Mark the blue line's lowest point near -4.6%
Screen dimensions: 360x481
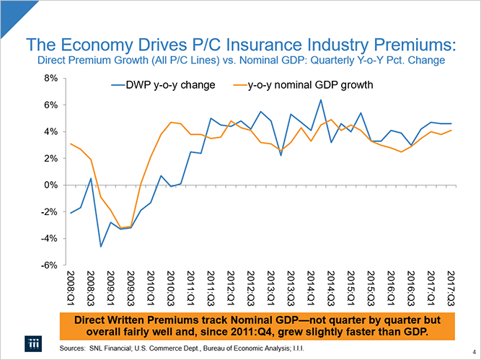tap(101, 247)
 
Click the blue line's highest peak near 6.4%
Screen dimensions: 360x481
tap(320, 100)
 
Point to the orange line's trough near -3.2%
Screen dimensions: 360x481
tap(121, 228)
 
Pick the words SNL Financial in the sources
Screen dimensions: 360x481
tap(113, 347)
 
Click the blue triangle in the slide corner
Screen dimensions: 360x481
tap(11, 9)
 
